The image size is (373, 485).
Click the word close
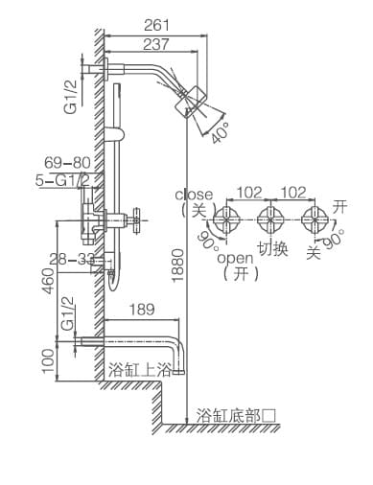(195, 195)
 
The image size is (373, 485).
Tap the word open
(234, 258)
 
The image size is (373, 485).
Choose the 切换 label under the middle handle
(272, 249)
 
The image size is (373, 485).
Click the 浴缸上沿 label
(139, 369)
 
